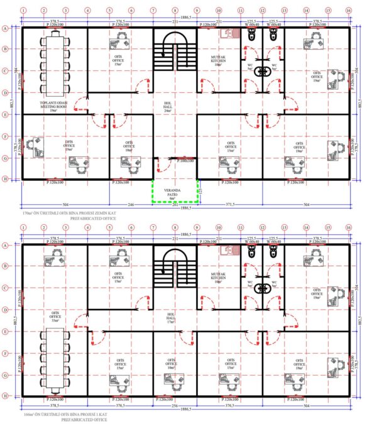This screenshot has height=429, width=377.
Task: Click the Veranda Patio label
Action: click(x=174, y=193)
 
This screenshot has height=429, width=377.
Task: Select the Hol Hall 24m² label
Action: click(x=175, y=107)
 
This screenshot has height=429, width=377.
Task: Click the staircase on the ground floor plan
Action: click(x=175, y=54)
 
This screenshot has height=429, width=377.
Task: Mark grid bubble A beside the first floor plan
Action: click(x=6, y=246)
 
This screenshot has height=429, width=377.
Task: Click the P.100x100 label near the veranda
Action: click(x=185, y=161)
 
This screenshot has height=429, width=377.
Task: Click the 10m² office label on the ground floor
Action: click(x=130, y=146)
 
